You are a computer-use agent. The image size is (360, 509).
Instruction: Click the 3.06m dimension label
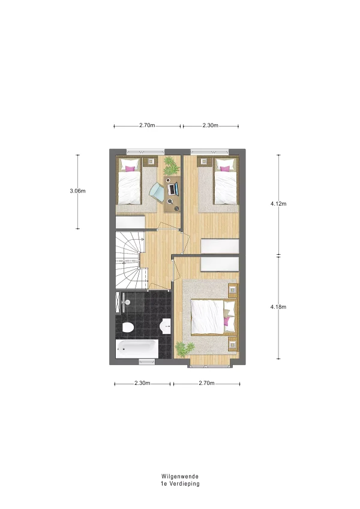click(77, 191)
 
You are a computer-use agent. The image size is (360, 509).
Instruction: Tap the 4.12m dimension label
click(278, 204)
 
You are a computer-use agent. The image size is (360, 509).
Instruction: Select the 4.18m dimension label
click(278, 307)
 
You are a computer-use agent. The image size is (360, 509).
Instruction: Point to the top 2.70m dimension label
click(147, 125)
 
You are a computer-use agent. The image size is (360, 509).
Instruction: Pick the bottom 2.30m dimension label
click(142, 383)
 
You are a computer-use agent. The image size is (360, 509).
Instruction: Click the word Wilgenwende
click(180, 477)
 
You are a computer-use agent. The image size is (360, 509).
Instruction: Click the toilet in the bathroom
click(128, 327)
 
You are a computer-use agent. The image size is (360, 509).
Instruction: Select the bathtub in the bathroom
click(137, 349)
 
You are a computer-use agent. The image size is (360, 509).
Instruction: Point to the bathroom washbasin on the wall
click(166, 326)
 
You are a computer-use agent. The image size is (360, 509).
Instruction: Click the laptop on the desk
click(173, 189)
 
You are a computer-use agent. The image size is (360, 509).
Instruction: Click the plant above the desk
click(170, 165)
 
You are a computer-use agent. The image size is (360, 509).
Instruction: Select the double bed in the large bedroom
click(213, 317)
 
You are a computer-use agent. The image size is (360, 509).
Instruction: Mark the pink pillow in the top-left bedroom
click(130, 168)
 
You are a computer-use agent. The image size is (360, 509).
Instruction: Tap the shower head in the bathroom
click(127, 303)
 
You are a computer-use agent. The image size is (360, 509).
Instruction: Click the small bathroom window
click(147, 361)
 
